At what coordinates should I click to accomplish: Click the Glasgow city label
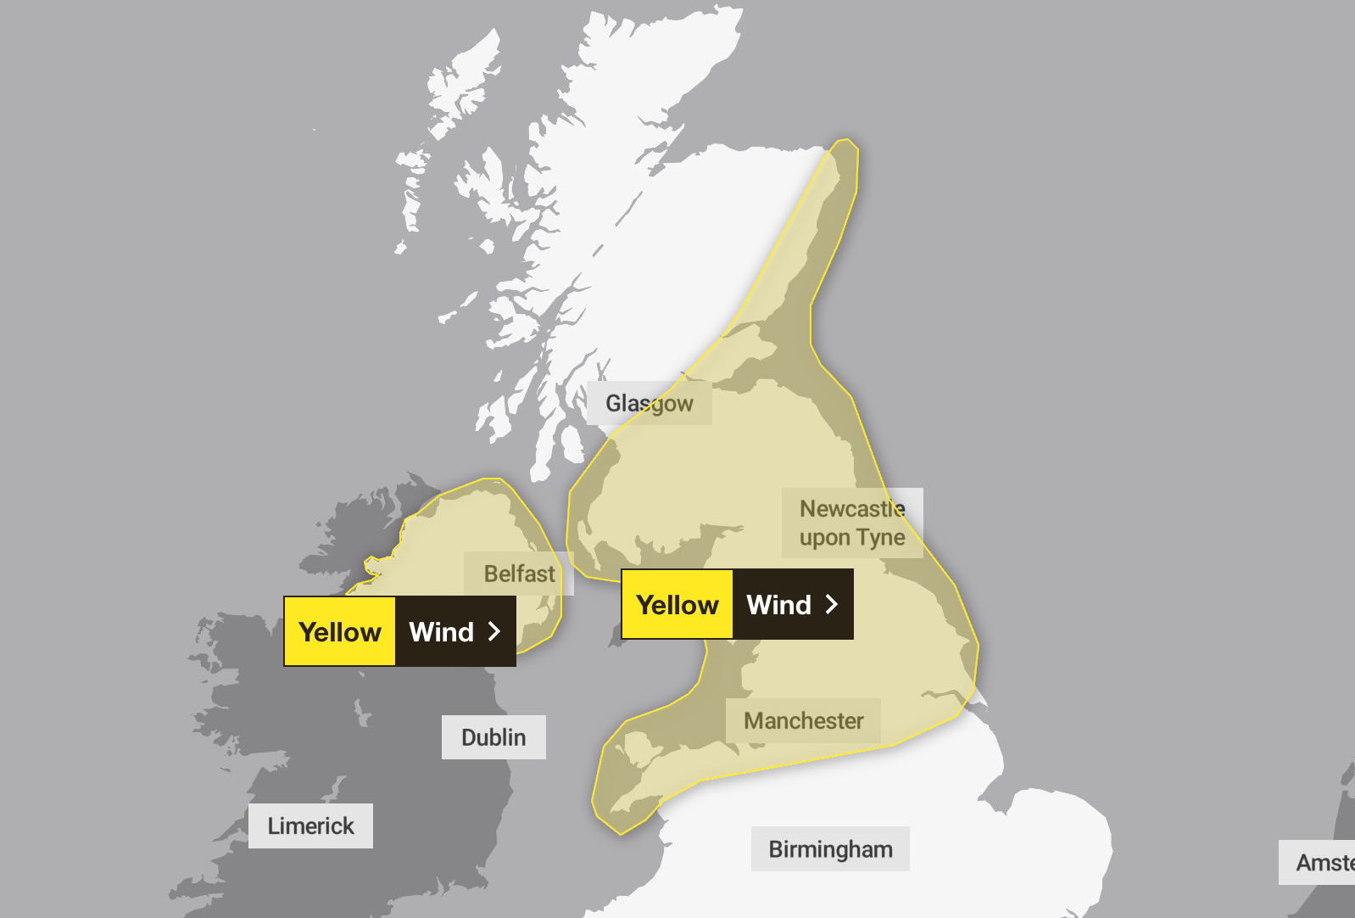coord(649,403)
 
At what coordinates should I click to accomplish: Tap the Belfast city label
coord(519,574)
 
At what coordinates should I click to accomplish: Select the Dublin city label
coord(493,737)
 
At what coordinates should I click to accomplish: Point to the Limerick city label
coord(310,826)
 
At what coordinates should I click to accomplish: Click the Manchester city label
coord(803,721)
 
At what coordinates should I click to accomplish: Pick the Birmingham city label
coord(830,849)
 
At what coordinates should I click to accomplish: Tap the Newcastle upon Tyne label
coord(852,523)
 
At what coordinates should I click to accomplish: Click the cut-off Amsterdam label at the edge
coord(1323,863)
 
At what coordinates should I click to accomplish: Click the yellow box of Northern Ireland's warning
coord(340,631)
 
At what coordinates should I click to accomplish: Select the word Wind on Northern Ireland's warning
coord(441,631)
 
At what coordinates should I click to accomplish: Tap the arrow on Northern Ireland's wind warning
coord(494,631)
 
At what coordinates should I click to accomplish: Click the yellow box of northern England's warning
coord(677,604)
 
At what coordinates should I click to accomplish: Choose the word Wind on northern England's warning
coord(778,604)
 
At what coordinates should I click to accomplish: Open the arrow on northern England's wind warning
coord(832,604)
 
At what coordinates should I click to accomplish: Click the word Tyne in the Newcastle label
coord(881,538)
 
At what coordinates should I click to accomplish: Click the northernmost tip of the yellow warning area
coord(845,141)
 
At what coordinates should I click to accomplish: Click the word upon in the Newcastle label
coord(824,538)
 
